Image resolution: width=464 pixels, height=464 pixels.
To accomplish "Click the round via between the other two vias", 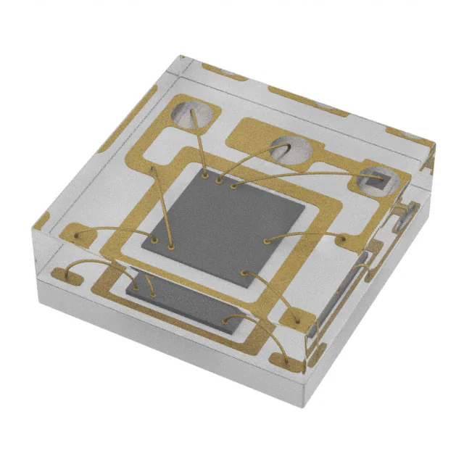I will pos(291,149).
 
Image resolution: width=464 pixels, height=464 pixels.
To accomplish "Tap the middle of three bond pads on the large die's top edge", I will pos(219,179).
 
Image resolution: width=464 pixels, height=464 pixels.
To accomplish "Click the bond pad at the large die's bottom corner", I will pos(244,273).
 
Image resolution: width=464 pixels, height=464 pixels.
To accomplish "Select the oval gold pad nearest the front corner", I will pos(288,360).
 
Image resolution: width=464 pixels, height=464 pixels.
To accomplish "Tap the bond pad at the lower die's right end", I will pos(226,320).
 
